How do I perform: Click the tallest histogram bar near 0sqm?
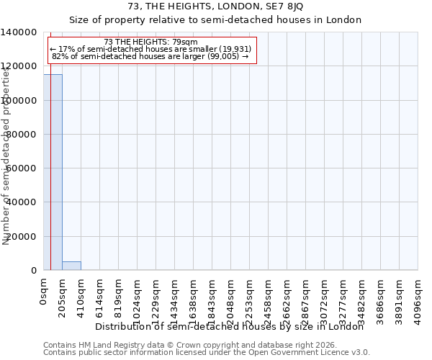coord(53,173)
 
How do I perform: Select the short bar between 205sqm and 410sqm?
coord(71,266)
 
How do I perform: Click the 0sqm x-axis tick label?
coord(43,291)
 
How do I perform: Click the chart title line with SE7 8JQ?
coord(215,6)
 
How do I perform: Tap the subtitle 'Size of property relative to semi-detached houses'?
coord(215,19)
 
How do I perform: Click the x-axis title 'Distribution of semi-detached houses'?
coord(229,326)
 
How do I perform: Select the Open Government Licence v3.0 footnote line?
coord(207,353)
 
